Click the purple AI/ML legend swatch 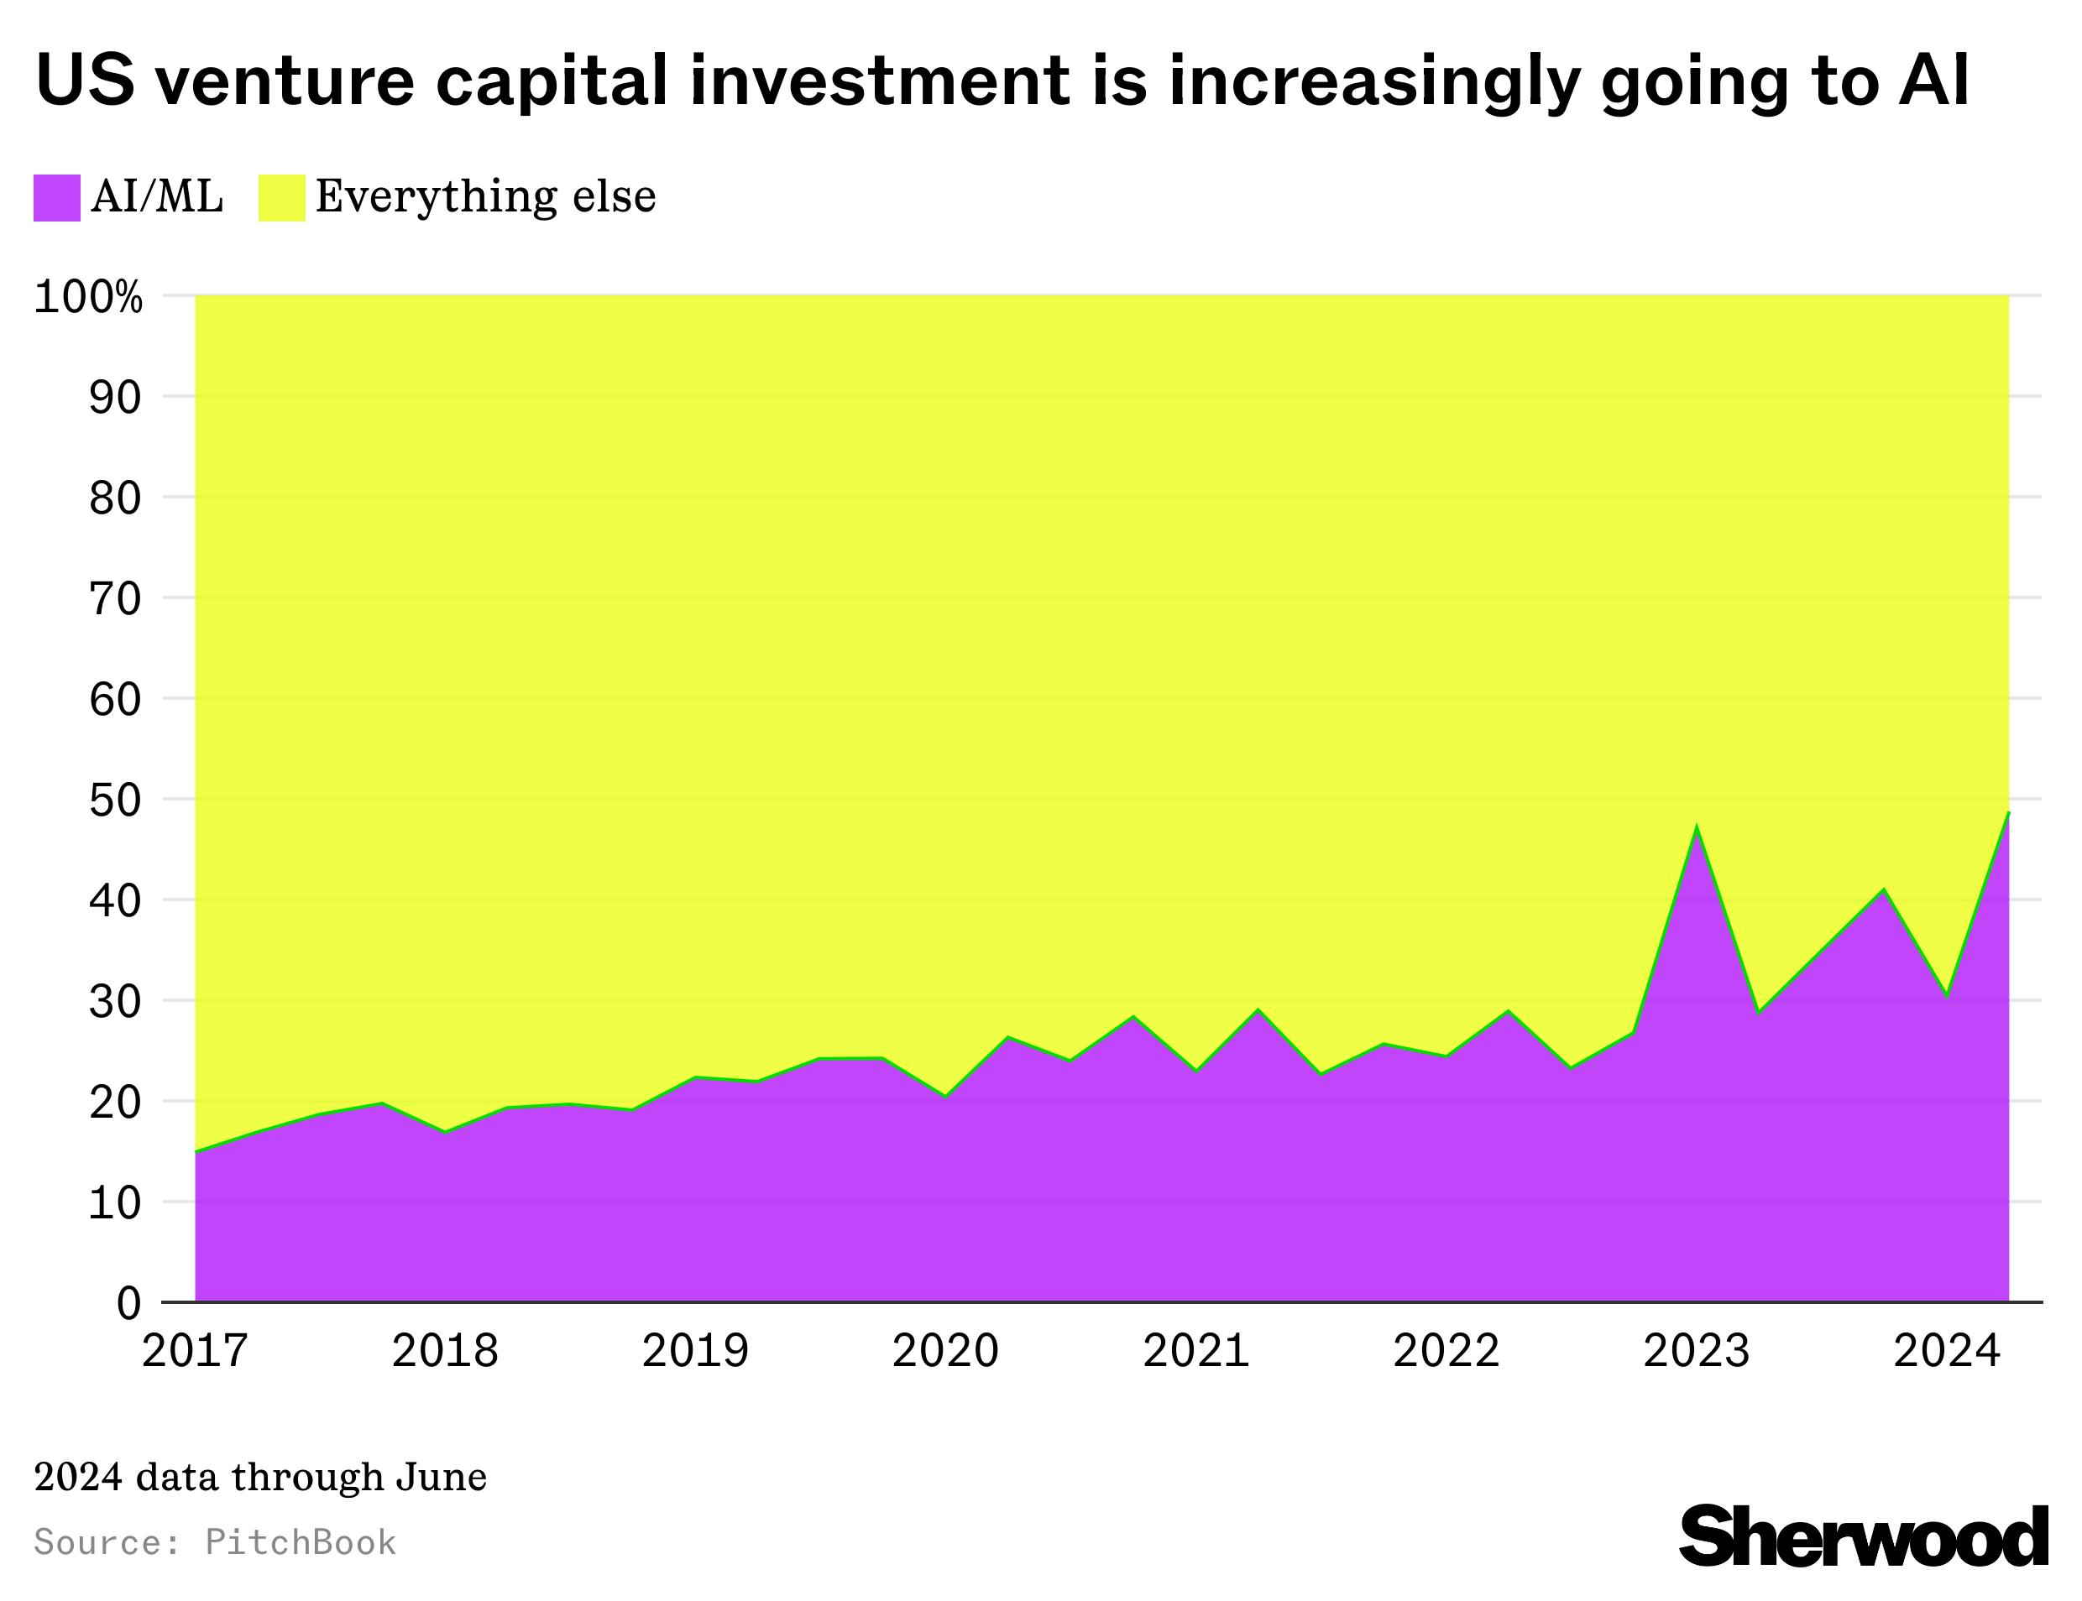[56, 197]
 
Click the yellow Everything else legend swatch [281, 197]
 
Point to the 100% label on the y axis [87, 297]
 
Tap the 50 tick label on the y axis [114, 800]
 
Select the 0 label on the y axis [128, 1303]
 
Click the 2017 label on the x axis [195, 1351]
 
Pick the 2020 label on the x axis [944, 1351]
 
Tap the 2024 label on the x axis [1946, 1351]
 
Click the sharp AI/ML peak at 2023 [1696, 827]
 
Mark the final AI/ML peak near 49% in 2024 [2007, 813]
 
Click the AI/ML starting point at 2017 [196, 1151]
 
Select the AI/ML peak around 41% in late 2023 [1883, 889]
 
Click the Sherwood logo [1863, 1536]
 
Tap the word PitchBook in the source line [301, 1543]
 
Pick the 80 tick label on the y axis [114, 498]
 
